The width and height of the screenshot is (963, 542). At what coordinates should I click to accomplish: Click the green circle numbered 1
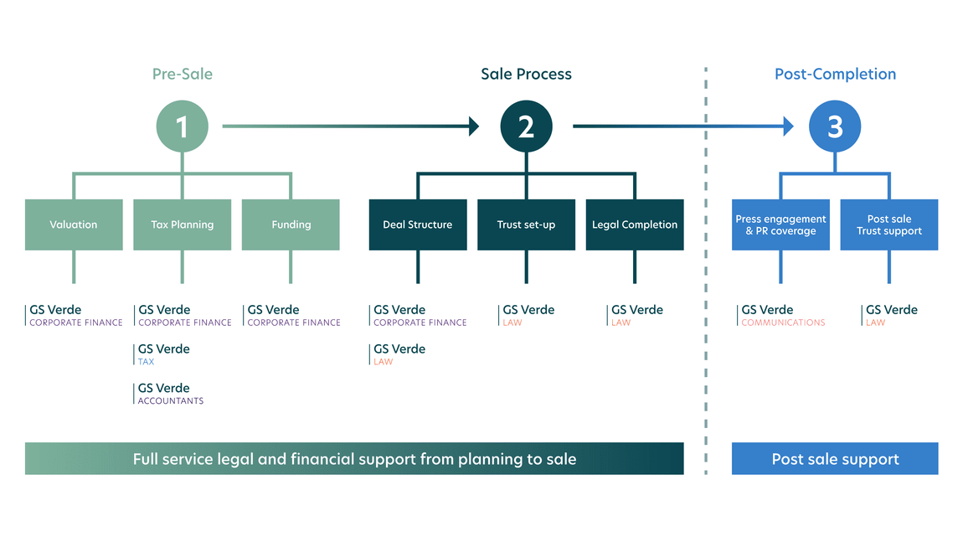coord(182,126)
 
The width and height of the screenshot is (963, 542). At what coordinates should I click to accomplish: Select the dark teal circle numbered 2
coord(526,126)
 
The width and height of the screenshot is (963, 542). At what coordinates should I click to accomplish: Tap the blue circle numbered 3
coord(835,126)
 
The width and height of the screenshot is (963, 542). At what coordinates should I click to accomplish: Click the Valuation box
coord(74,225)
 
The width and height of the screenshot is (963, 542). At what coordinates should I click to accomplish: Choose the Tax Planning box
coord(182,225)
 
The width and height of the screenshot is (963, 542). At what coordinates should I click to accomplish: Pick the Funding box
coord(291,225)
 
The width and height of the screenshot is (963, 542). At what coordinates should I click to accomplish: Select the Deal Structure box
coord(418,225)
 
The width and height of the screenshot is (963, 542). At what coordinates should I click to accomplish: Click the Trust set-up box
coord(526,225)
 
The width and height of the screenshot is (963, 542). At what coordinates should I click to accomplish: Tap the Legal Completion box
coord(635,225)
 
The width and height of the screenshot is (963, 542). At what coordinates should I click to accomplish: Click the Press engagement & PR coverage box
coord(780,225)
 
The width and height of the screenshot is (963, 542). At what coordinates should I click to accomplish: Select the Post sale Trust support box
coord(889,225)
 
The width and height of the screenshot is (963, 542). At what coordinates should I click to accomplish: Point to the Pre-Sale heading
coord(182,74)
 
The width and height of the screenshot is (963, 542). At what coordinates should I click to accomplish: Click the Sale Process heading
coord(526,74)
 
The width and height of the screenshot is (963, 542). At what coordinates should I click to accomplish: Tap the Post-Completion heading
coord(835,74)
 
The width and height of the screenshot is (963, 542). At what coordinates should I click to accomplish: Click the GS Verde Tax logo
coord(163,354)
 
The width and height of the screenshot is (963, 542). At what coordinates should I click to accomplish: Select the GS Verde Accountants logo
coord(170,394)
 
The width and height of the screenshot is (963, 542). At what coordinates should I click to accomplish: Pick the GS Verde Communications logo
coord(782,315)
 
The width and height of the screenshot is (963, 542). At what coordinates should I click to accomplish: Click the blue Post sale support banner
coord(835,459)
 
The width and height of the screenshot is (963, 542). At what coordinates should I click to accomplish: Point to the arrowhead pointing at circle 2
coord(474,126)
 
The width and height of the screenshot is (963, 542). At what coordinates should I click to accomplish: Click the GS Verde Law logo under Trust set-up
coord(528,315)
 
